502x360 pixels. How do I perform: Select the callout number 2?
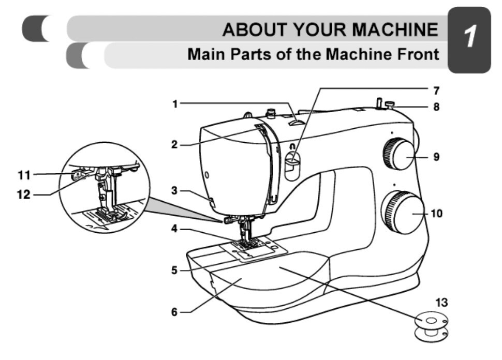175,145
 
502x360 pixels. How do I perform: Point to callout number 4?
175,228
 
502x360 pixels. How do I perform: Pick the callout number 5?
175,269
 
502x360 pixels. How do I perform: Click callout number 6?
175,312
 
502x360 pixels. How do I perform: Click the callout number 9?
436,156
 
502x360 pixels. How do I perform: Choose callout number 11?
24,175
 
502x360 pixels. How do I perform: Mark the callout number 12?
24,195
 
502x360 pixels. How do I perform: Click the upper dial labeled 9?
397,155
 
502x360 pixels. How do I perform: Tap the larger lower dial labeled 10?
402,212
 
